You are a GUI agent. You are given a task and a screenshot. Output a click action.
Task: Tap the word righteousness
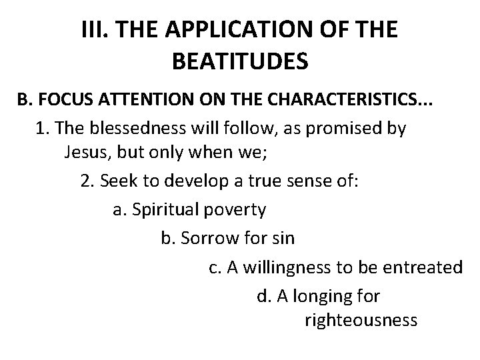point(361,321)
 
